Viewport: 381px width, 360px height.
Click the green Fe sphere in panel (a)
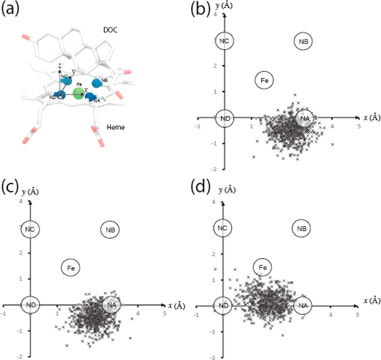(78, 93)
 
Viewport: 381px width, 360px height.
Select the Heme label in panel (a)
(116, 128)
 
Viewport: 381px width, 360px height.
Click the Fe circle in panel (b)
(265, 80)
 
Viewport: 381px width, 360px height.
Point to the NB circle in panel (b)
(304, 41)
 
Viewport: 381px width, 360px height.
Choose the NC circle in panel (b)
(224, 41)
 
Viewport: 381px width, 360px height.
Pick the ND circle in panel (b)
(224, 118)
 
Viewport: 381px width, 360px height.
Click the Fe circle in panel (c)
(71, 268)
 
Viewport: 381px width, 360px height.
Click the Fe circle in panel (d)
(263, 268)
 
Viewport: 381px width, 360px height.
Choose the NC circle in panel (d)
(223, 228)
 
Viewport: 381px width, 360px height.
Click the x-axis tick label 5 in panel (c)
(164, 313)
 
